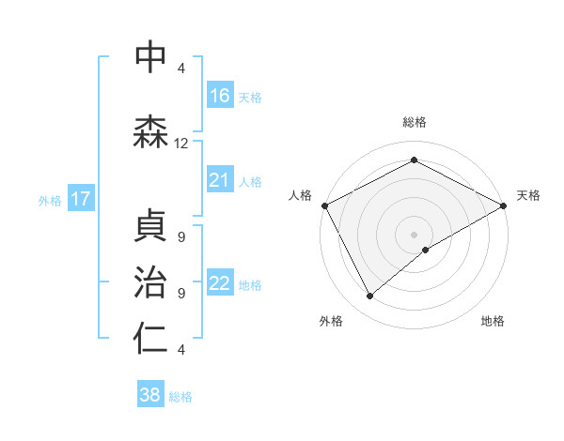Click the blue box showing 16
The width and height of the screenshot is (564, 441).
pyautogui.click(x=219, y=96)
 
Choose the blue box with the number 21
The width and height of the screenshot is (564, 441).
pyautogui.click(x=219, y=180)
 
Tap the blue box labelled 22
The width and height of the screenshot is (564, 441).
pyautogui.click(x=219, y=283)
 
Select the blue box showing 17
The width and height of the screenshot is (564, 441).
pyautogui.click(x=80, y=199)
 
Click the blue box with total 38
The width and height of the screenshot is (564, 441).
pyautogui.click(x=149, y=395)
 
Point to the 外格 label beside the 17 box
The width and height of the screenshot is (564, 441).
pyautogui.click(x=50, y=200)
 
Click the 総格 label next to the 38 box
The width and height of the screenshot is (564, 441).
pyautogui.click(x=180, y=397)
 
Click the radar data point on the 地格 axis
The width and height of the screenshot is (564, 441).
pyautogui.click(x=427, y=250)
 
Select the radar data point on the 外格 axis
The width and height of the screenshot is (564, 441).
pyautogui.click(x=370, y=296)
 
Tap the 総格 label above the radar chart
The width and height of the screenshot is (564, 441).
pyautogui.click(x=414, y=122)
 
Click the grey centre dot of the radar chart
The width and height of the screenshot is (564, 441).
pyautogui.click(x=414, y=234)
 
